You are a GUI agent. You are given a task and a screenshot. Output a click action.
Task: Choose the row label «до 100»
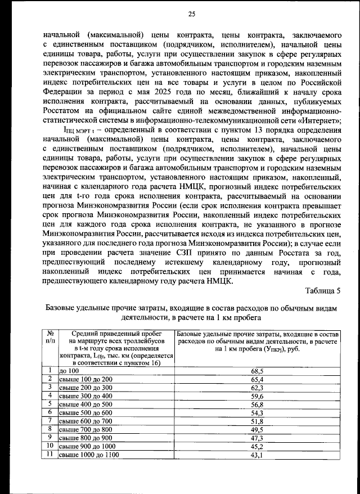69,371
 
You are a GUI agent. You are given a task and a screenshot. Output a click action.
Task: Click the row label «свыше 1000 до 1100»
89,455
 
